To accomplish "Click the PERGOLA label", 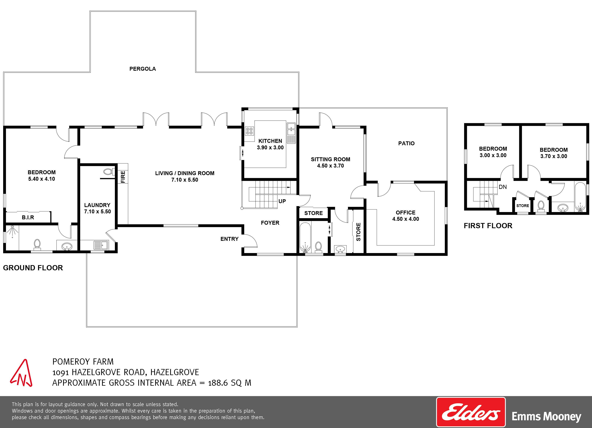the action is click(x=143, y=69).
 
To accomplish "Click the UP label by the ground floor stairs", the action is click(x=282, y=201).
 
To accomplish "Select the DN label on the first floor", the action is click(x=503, y=187).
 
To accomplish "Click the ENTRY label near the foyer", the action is click(x=229, y=239).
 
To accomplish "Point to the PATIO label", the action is click(x=406, y=143).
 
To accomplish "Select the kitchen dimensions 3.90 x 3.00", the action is click(x=270, y=147).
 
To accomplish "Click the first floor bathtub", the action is click(x=580, y=197).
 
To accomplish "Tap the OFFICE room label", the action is click(x=405, y=213).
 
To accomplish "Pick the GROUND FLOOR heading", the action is click(x=33, y=268).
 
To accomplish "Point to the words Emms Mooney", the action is click(x=546, y=416).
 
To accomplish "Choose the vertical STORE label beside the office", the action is click(x=358, y=232).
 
